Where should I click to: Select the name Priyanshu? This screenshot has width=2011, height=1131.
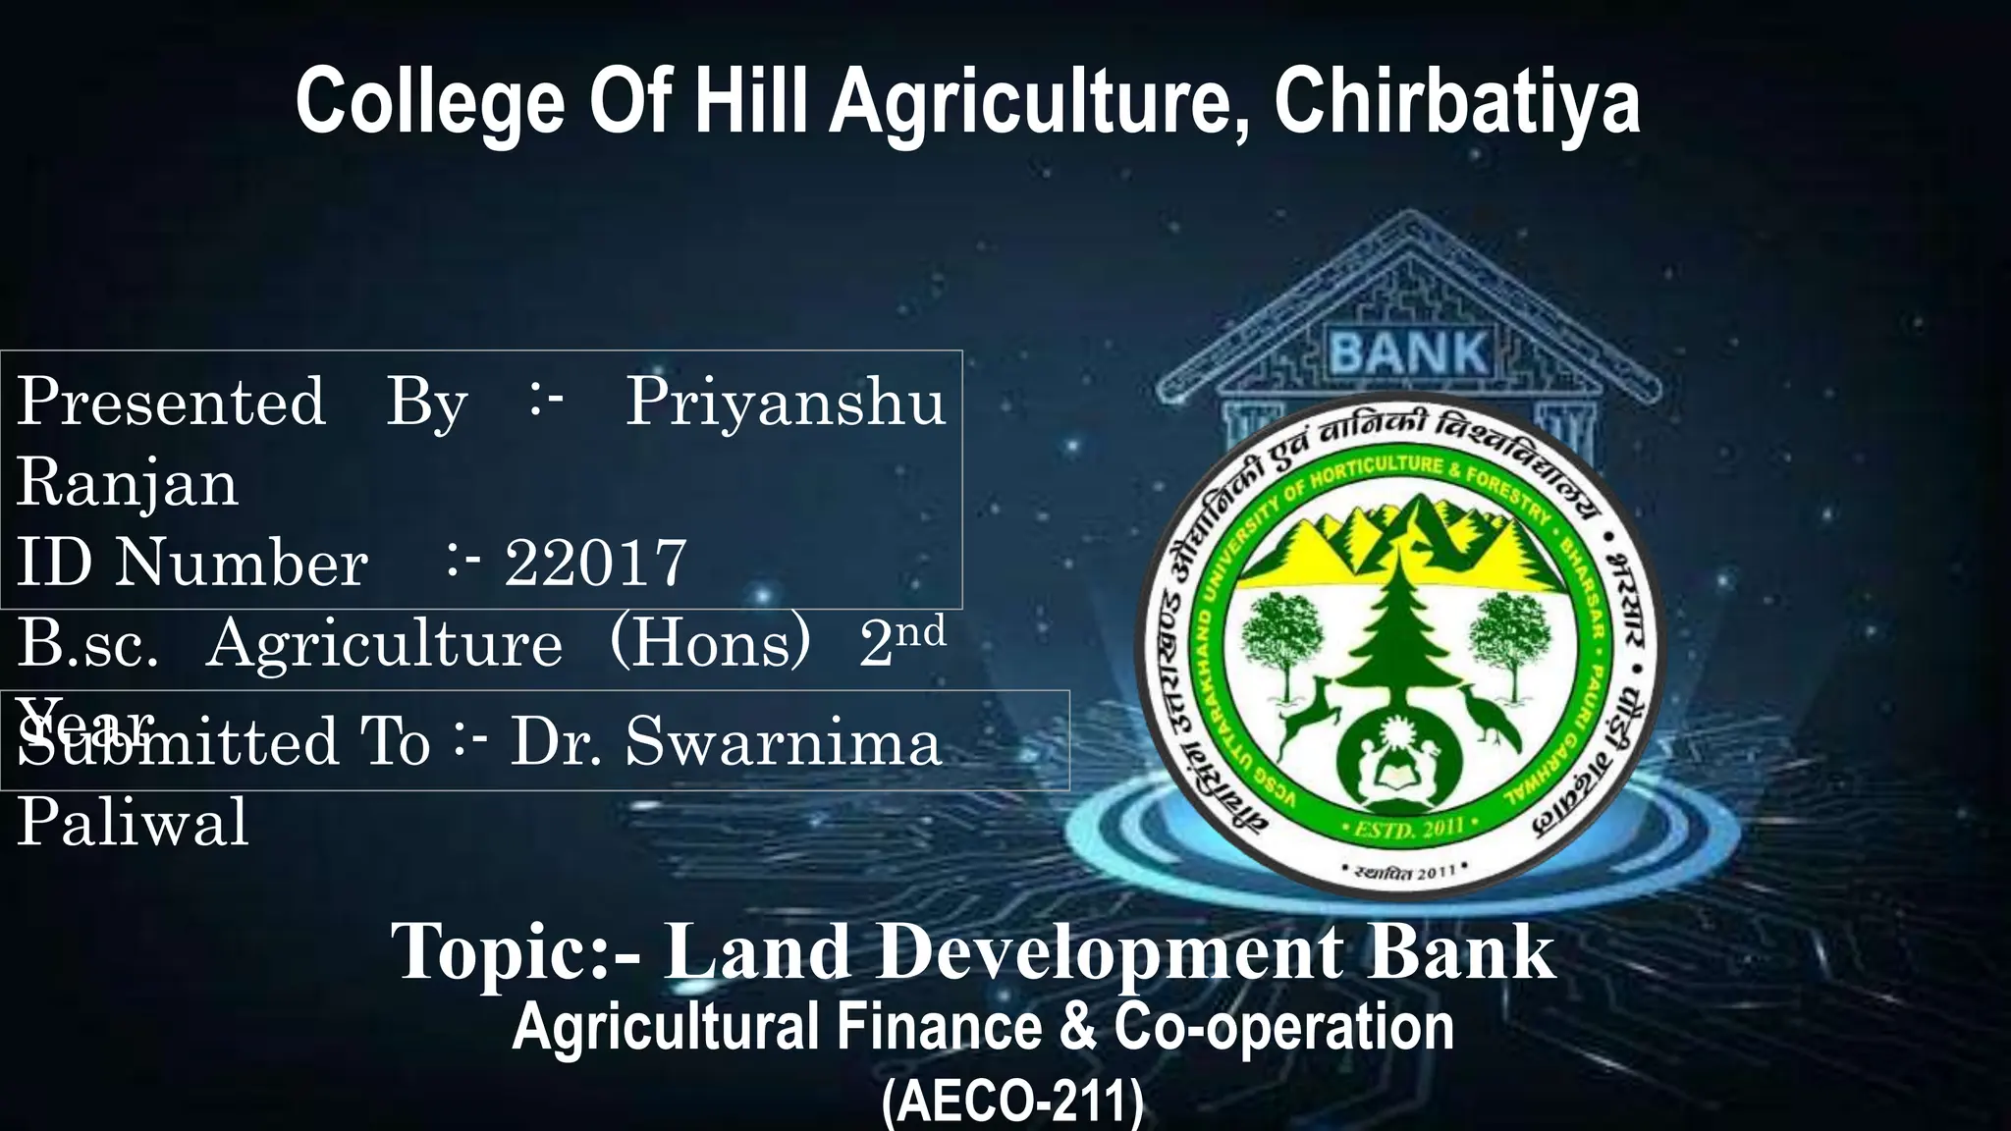[786, 402]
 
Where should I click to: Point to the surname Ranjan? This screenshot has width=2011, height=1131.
[128, 482]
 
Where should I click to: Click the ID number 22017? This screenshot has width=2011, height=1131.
[595, 563]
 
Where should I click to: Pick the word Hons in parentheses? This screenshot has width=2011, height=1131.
[710, 643]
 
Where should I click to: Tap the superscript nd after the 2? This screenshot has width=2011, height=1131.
[919, 631]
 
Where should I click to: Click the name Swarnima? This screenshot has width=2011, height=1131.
[783, 741]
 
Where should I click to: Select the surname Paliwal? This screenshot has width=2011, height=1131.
[133, 822]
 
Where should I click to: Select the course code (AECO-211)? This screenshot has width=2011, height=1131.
[1012, 1102]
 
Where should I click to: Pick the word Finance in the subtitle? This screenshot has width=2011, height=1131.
[939, 1027]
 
